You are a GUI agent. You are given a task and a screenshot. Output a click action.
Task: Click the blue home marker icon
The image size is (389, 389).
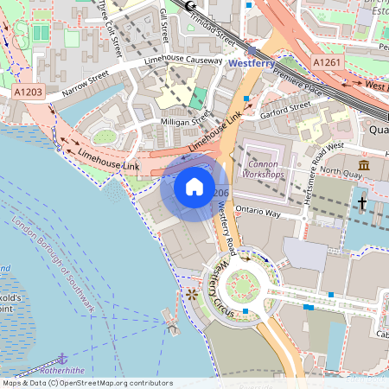coord(194,187)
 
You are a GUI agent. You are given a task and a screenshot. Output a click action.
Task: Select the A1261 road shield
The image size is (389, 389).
coord(327,63)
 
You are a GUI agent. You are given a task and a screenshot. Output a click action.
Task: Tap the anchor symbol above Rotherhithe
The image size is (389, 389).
coord(61,357)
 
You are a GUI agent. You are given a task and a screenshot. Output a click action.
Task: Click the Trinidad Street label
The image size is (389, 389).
coord(213,27)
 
